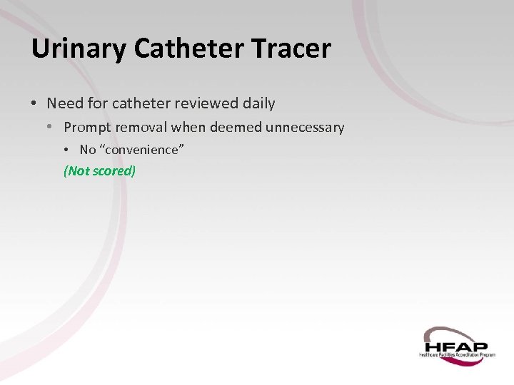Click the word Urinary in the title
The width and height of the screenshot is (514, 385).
pos(79,49)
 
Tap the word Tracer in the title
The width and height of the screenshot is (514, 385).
pos(293,49)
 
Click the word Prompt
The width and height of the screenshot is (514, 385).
pos(88,128)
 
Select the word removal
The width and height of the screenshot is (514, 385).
pos(144,128)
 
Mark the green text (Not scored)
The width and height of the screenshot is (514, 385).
pos(99,171)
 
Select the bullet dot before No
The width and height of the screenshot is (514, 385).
pos(67,150)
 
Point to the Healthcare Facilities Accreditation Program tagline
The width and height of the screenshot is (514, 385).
pos(457,354)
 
